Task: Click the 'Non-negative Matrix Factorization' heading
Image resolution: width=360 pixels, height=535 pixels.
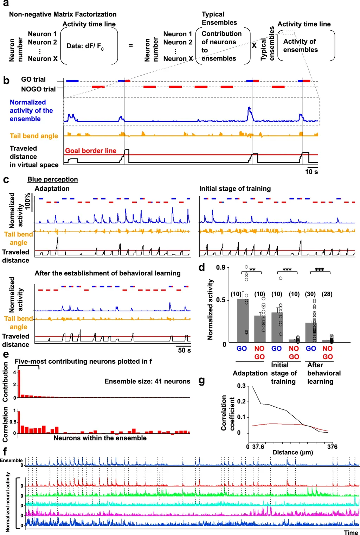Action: click(63, 14)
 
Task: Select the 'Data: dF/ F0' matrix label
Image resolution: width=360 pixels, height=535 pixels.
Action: click(85, 46)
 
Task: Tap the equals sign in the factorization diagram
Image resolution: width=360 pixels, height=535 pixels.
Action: click(131, 45)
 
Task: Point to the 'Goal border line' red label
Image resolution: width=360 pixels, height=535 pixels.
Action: click(91, 151)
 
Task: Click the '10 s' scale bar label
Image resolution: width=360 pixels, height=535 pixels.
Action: click(311, 172)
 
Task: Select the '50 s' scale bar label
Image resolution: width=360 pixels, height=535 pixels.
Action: click(184, 350)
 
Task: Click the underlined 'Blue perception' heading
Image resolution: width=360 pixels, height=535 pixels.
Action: click(53, 179)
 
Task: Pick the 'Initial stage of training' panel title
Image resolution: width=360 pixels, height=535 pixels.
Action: click(235, 189)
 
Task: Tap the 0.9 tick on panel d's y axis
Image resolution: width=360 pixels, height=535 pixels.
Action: click(221, 268)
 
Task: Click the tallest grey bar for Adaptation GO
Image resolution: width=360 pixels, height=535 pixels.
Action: click(243, 320)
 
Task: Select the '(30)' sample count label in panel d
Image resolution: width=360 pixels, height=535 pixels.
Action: click(310, 294)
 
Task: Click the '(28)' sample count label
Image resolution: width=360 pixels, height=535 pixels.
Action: click(327, 294)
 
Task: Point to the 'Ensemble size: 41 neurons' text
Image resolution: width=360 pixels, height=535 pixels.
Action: click(147, 381)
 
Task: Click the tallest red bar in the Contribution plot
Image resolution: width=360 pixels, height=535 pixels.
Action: click(19, 383)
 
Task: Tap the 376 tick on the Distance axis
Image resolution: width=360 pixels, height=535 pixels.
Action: click(332, 447)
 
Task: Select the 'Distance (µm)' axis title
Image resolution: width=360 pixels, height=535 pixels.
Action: click(293, 452)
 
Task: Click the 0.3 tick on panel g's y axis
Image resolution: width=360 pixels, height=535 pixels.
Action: click(241, 386)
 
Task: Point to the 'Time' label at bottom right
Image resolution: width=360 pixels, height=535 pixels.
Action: click(351, 533)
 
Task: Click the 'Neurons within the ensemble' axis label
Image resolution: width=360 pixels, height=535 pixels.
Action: click(100, 438)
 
